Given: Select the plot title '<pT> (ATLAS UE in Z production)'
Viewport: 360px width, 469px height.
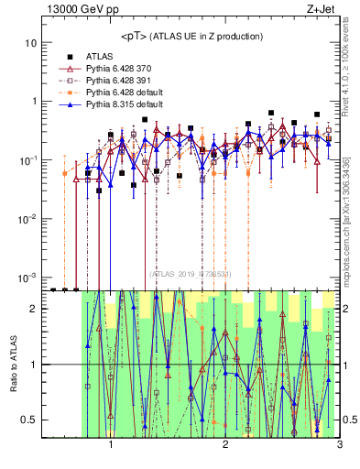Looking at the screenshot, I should tap(191, 36).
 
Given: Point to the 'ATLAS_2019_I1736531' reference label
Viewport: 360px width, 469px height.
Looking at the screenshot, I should tap(191, 273).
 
